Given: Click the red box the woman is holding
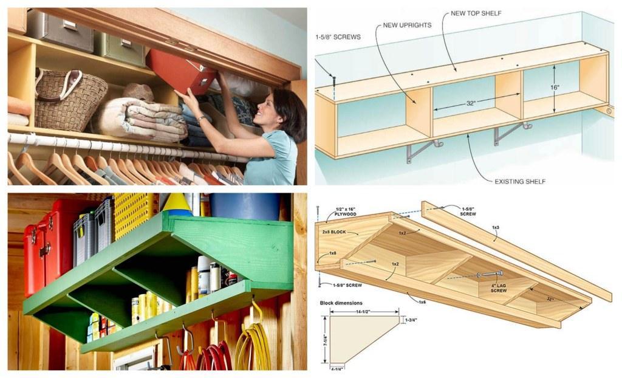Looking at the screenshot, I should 180,72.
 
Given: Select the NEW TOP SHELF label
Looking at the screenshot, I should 476,13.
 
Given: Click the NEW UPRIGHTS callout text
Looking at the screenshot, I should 407,26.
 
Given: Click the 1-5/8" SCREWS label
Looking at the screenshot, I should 338,37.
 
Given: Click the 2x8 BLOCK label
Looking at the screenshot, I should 335,232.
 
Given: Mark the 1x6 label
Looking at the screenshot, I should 421,300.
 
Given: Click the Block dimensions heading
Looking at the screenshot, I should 341,303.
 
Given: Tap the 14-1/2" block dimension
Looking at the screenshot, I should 363,311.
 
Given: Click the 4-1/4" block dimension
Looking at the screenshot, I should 337,368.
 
